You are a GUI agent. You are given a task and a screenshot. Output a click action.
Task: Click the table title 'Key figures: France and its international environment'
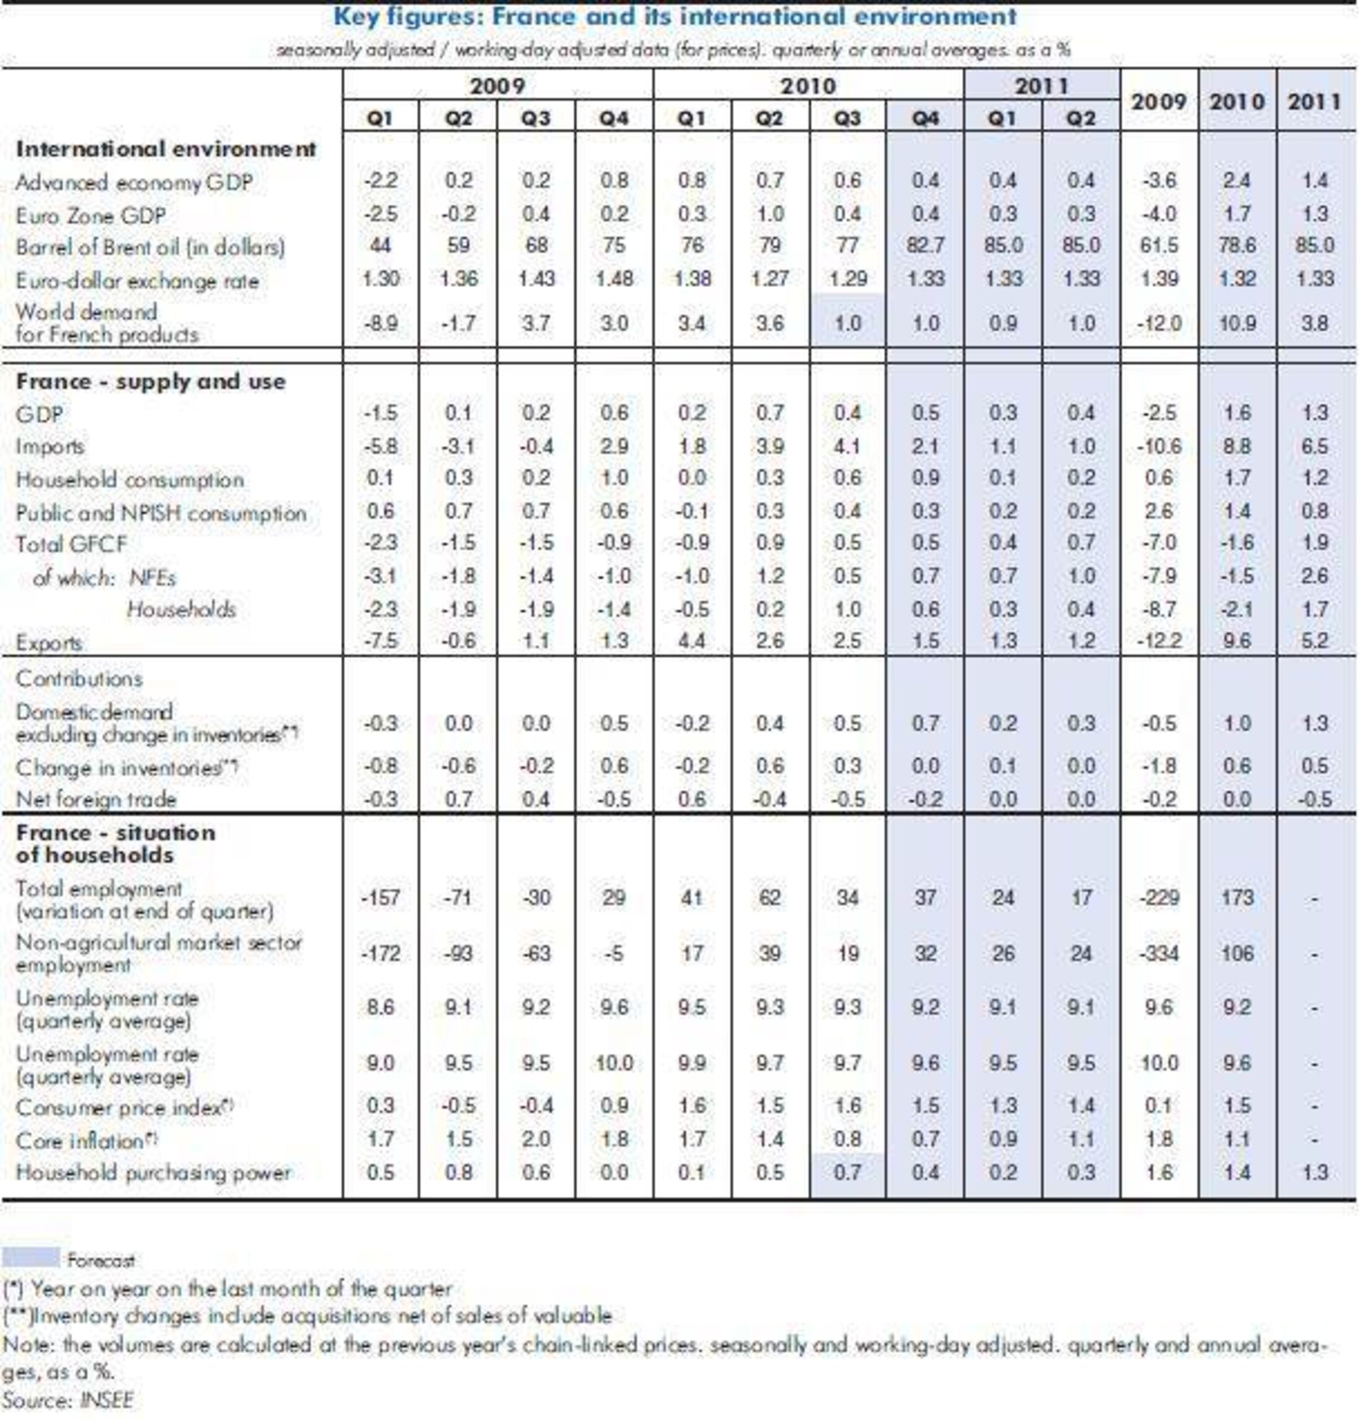click(x=675, y=16)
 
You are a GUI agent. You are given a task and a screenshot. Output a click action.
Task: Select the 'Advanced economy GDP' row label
click(x=134, y=182)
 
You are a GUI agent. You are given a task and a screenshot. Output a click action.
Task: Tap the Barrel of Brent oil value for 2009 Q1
click(x=380, y=245)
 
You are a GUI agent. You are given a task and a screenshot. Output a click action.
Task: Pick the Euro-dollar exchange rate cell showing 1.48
click(x=613, y=279)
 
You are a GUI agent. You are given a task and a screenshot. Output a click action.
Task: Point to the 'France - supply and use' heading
click(x=151, y=382)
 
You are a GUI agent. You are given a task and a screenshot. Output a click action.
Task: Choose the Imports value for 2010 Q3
click(x=847, y=446)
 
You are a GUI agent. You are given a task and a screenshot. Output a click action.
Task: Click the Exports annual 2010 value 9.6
click(x=1237, y=641)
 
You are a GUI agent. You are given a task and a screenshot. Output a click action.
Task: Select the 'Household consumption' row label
click(x=129, y=479)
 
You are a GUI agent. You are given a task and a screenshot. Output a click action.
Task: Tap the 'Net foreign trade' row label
click(x=95, y=799)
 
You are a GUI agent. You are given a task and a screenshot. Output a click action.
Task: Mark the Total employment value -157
click(x=380, y=898)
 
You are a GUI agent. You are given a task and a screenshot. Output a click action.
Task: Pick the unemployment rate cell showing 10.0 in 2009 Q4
click(x=613, y=1063)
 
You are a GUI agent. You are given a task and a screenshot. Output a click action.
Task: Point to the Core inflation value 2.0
click(x=536, y=1139)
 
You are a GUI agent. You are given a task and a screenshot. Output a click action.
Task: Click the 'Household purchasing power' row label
click(x=153, y=1172)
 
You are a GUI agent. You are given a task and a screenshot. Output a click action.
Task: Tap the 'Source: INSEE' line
click(x=69, y=1399)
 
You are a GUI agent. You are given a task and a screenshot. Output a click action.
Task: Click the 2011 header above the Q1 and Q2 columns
click(x=1041, y=86)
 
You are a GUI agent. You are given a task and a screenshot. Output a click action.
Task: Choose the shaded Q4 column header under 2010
click(x=924, y=117)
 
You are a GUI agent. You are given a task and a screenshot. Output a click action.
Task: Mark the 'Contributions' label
click(x=79, y=679)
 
